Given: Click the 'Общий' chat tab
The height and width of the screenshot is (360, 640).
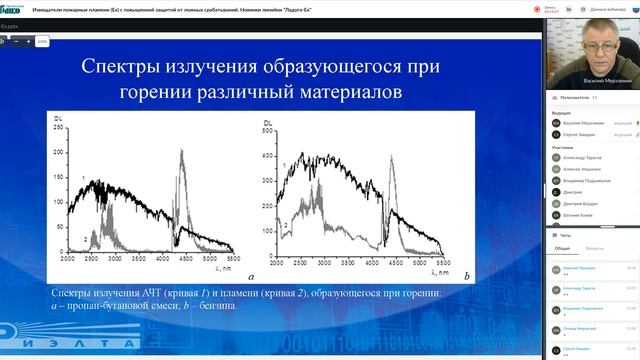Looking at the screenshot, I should (x=562, y=247).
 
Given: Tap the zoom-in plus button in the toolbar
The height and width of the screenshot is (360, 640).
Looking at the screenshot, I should (x=29, y=42).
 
